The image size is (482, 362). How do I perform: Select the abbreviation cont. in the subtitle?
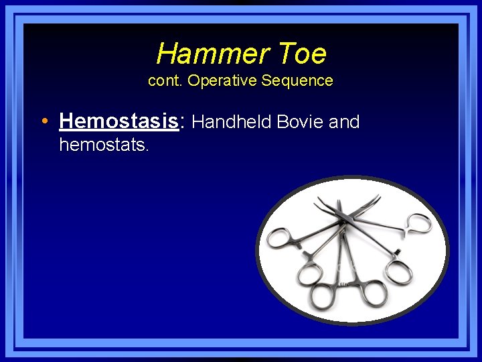pyautogui.click(x=165, y=80)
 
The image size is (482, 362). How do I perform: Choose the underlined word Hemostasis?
pyautogui.click(x=118, y=121)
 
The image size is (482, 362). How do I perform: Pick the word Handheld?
pyautogui.click(x=231, y=122)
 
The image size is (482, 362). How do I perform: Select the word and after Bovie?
pyautogui.click(x=345, y=122)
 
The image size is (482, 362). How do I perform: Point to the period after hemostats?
pyautogui.click(x=146, y=148)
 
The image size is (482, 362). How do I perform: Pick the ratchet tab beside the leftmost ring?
pyautogui.click(x=305, y=255)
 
